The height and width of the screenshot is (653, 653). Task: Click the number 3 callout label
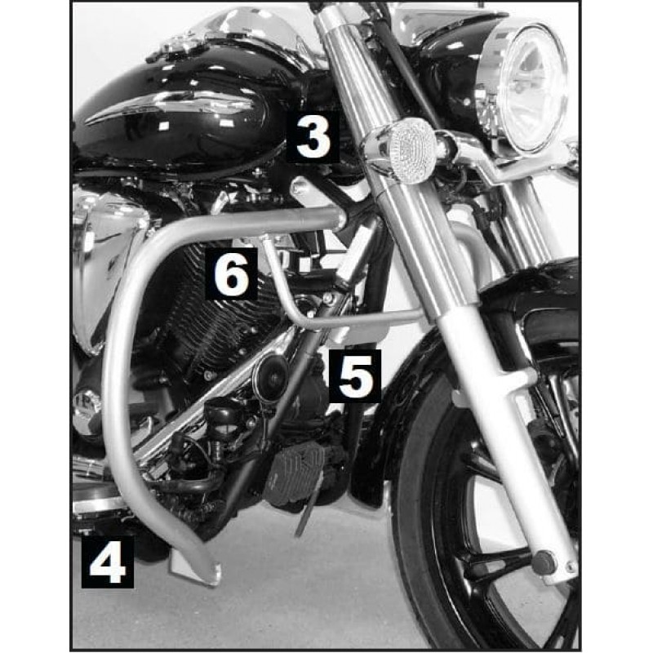(x=313, y=136)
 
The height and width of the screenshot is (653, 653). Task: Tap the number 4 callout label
(x=108, y=562)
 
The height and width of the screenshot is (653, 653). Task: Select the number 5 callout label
(x=355, y=375)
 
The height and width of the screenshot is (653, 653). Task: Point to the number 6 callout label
(x=231, y=273)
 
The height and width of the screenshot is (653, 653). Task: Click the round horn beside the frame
(x=270, y=374)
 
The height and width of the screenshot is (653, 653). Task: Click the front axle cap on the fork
(x=544, y=562)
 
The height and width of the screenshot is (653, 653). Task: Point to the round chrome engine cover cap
(x=87, y=405)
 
